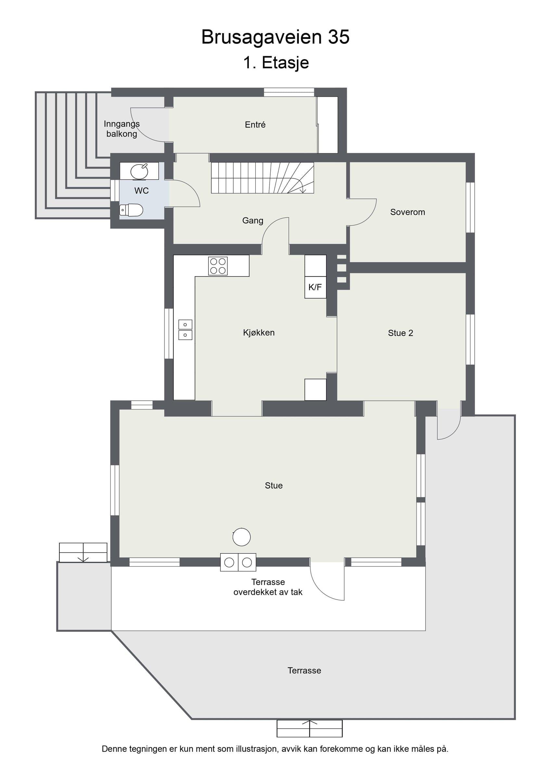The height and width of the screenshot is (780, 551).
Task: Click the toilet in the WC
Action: (131, 210)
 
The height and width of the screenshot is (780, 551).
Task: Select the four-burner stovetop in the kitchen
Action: (218, 266)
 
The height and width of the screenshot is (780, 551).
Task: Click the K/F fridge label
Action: (315, 287)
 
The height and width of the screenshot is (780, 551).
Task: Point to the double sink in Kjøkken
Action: (186, 330)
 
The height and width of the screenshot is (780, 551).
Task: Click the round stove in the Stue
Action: (242, 537)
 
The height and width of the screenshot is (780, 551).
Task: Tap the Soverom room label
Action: (407, 212)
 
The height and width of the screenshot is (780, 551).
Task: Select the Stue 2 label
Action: (401, 333)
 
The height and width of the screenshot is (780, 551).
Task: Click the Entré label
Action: (255, 125)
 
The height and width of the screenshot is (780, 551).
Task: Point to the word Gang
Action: (252, 221)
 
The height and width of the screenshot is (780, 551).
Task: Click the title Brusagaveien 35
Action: (275, 37)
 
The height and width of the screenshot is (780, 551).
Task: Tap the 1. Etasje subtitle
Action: (276, 62)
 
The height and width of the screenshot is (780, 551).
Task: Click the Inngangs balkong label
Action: (122, 129)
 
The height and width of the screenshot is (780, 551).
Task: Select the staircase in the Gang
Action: (263, 178)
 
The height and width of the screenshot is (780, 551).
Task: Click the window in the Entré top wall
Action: (289, 92)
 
